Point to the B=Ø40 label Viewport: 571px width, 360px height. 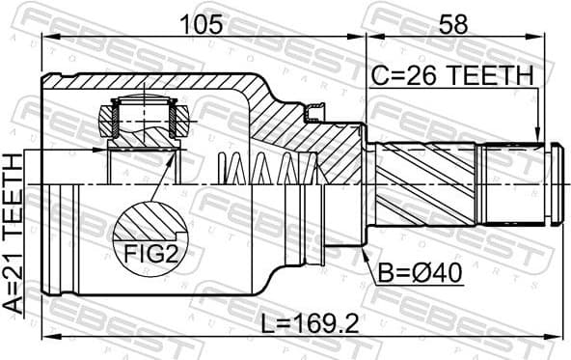coord(418,273)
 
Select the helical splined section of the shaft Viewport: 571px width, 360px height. coord(424,183)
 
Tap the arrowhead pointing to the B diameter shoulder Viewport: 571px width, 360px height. coord(366,256)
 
